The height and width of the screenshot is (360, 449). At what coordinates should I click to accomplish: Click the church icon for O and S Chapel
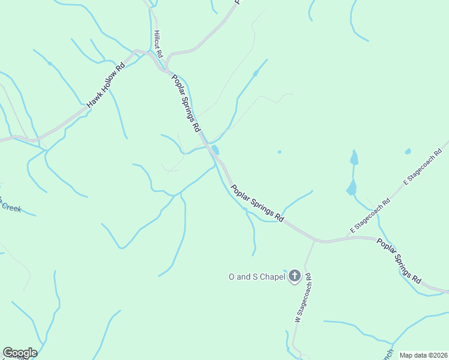[x=294, y=277]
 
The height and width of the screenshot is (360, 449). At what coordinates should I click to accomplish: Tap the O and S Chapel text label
[x=257, y=277]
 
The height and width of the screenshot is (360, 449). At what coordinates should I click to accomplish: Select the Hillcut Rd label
[x=158, y=44]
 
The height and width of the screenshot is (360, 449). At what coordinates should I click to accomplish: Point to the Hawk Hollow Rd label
[x=105, y=86]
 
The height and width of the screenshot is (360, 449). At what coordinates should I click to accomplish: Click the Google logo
[x=20, y=353]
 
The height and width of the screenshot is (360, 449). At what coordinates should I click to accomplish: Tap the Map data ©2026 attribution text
[x=424, y=355]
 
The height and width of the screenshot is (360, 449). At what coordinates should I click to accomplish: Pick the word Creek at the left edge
[x=10, y=208]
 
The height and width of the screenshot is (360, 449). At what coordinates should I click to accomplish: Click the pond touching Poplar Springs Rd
[x=215, y=150]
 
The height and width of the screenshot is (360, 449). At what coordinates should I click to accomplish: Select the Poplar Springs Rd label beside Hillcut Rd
[x=185, y=103]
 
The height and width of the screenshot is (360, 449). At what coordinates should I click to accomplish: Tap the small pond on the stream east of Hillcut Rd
[x=256, y=74]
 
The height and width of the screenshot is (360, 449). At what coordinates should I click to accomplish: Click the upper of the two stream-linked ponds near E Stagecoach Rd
[x=354, y=158]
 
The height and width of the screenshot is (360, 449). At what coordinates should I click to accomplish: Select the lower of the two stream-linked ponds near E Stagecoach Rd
[x=351, y=188]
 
